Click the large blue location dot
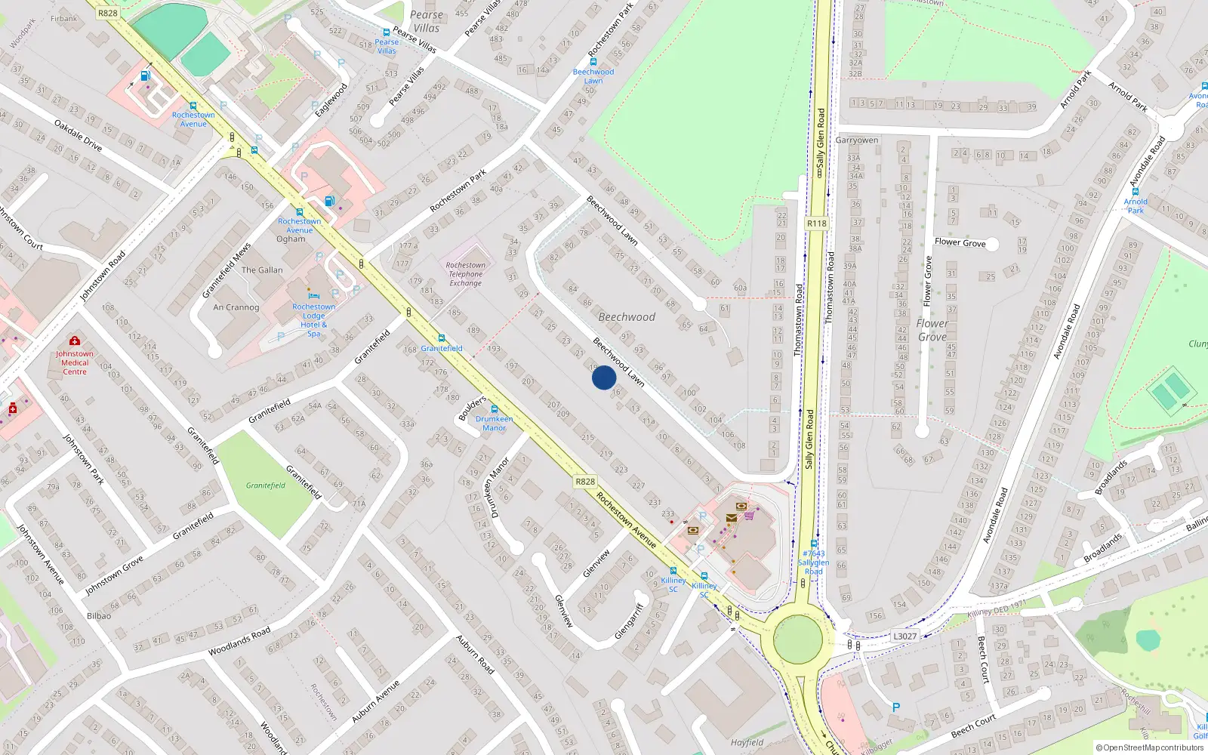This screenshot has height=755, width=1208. [604, 377]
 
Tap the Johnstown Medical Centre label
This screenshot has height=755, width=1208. [75, 362]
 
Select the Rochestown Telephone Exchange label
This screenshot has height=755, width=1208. [466, 274]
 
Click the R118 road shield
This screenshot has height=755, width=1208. [816, 223]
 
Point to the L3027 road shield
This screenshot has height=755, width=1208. [904, 636]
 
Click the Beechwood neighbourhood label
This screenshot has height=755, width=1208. [627, 317]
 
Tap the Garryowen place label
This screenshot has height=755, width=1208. [857, 140]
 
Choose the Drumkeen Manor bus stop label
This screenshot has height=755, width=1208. [495, 423]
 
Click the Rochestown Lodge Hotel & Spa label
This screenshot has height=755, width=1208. [314, 320]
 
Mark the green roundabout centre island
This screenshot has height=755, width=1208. [798, 639]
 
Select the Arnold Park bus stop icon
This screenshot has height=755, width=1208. [1136, 192]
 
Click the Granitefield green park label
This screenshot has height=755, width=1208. [266, 485]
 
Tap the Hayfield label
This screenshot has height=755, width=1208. [747, 742]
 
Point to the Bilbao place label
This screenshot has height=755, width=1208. [99, 616]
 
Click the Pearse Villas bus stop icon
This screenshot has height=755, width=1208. [387, 32]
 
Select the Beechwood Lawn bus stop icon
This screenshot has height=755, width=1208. [593, 62]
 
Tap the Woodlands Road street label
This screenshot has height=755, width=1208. [239, 641]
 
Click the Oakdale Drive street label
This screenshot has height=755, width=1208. [78, 134]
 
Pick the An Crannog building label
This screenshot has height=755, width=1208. [236, 307]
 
